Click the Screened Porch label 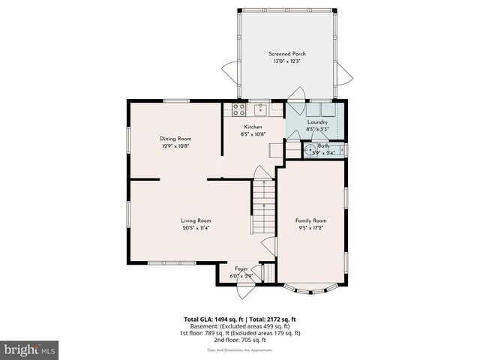click(x=287, y=54)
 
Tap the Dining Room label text click(x=175, y=139)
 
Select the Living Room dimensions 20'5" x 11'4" click(x=196, y=228)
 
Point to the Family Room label click(x=310, y=220)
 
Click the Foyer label click(x=241, y=268)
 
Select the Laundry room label click(x=317, y=121)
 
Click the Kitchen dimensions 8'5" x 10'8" click(x=253, y=134)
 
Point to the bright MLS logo click(x=29, y=349)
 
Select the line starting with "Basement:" click(x=240, y=326)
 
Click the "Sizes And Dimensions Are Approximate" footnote click(x=240, y=349)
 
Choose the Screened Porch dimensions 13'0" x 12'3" click(x=287, y=61)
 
